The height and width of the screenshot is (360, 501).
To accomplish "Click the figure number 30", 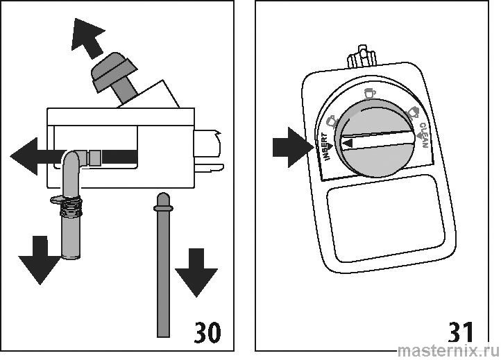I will [x=204, y=330].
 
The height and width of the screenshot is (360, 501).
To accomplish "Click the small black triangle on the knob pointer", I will [x=348, y=142].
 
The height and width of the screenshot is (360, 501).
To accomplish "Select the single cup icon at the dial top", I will [x=369, y=93].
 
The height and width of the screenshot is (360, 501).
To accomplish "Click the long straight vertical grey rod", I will [x=162, y=271].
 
